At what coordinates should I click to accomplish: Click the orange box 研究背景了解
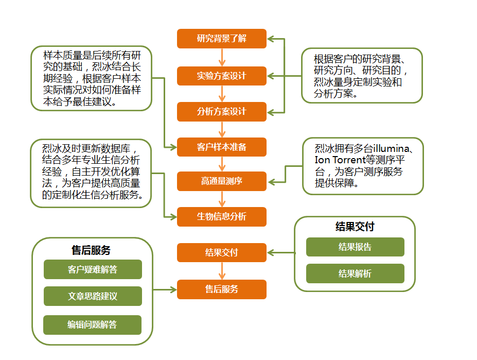point(222,39)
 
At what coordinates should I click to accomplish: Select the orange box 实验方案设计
point(222,76)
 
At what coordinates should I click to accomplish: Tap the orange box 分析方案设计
point(222,112)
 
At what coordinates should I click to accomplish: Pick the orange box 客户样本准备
point(222,147)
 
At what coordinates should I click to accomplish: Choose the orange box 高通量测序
point(222,181)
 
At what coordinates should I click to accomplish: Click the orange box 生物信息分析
point(222,216)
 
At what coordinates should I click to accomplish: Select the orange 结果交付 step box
point(222,252)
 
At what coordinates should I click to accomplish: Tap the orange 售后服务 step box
point(222,289)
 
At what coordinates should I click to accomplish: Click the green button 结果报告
point(355,247)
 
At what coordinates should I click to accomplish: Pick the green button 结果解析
point(355,273)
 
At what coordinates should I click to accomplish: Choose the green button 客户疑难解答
point(93,269)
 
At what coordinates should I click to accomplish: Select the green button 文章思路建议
point(93,296)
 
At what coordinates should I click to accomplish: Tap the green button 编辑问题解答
point(93,324)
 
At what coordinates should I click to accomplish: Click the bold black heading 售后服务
point(91,250)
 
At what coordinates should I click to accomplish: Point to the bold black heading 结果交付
point(355,227)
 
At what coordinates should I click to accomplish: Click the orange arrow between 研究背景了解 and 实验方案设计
point(222,57)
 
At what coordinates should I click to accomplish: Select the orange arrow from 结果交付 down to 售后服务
point(222,271)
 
